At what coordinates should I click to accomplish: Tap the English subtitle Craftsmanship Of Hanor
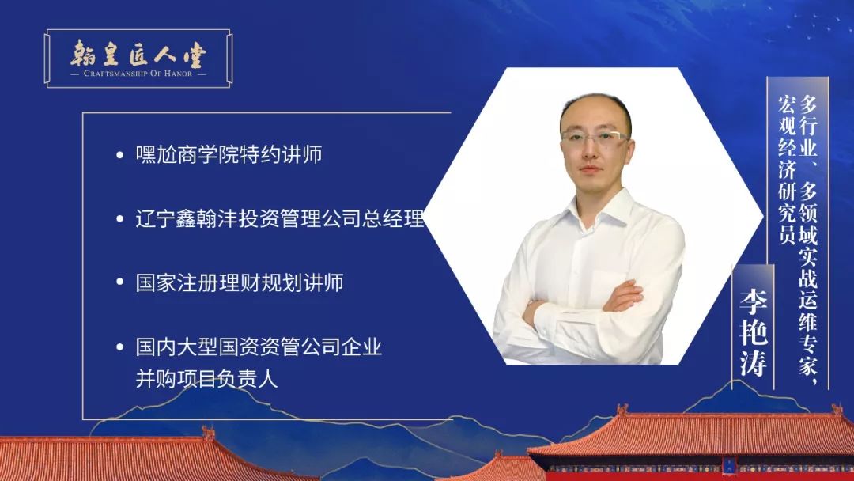138,73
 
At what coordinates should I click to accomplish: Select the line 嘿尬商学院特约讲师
229,155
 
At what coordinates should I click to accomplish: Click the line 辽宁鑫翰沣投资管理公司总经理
280,218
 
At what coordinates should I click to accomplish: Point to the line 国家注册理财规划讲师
240,282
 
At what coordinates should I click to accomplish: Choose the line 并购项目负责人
206,379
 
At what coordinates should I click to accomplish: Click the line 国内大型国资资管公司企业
259,347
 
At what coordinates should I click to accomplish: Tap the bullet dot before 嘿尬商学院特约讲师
120,155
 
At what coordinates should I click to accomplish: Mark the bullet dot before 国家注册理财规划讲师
120,282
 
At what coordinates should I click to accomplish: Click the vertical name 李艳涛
754,332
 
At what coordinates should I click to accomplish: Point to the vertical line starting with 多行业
808,240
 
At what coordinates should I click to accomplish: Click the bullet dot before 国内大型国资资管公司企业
120,347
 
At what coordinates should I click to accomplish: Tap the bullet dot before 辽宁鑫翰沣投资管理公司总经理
120,219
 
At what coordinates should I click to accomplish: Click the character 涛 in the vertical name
754,363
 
